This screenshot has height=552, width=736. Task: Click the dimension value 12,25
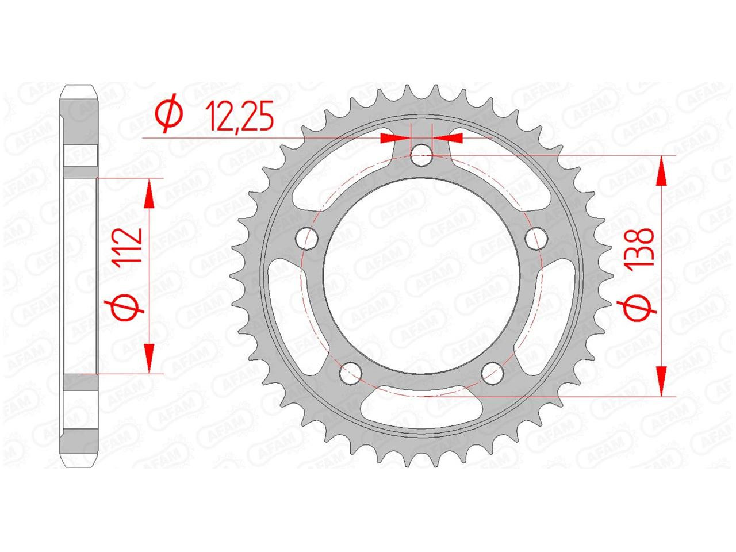239,116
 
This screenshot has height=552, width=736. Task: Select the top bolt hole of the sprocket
421,155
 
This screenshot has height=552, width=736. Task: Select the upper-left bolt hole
306,238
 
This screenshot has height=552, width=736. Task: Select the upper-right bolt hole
536,238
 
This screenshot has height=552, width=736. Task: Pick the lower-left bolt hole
351,373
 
